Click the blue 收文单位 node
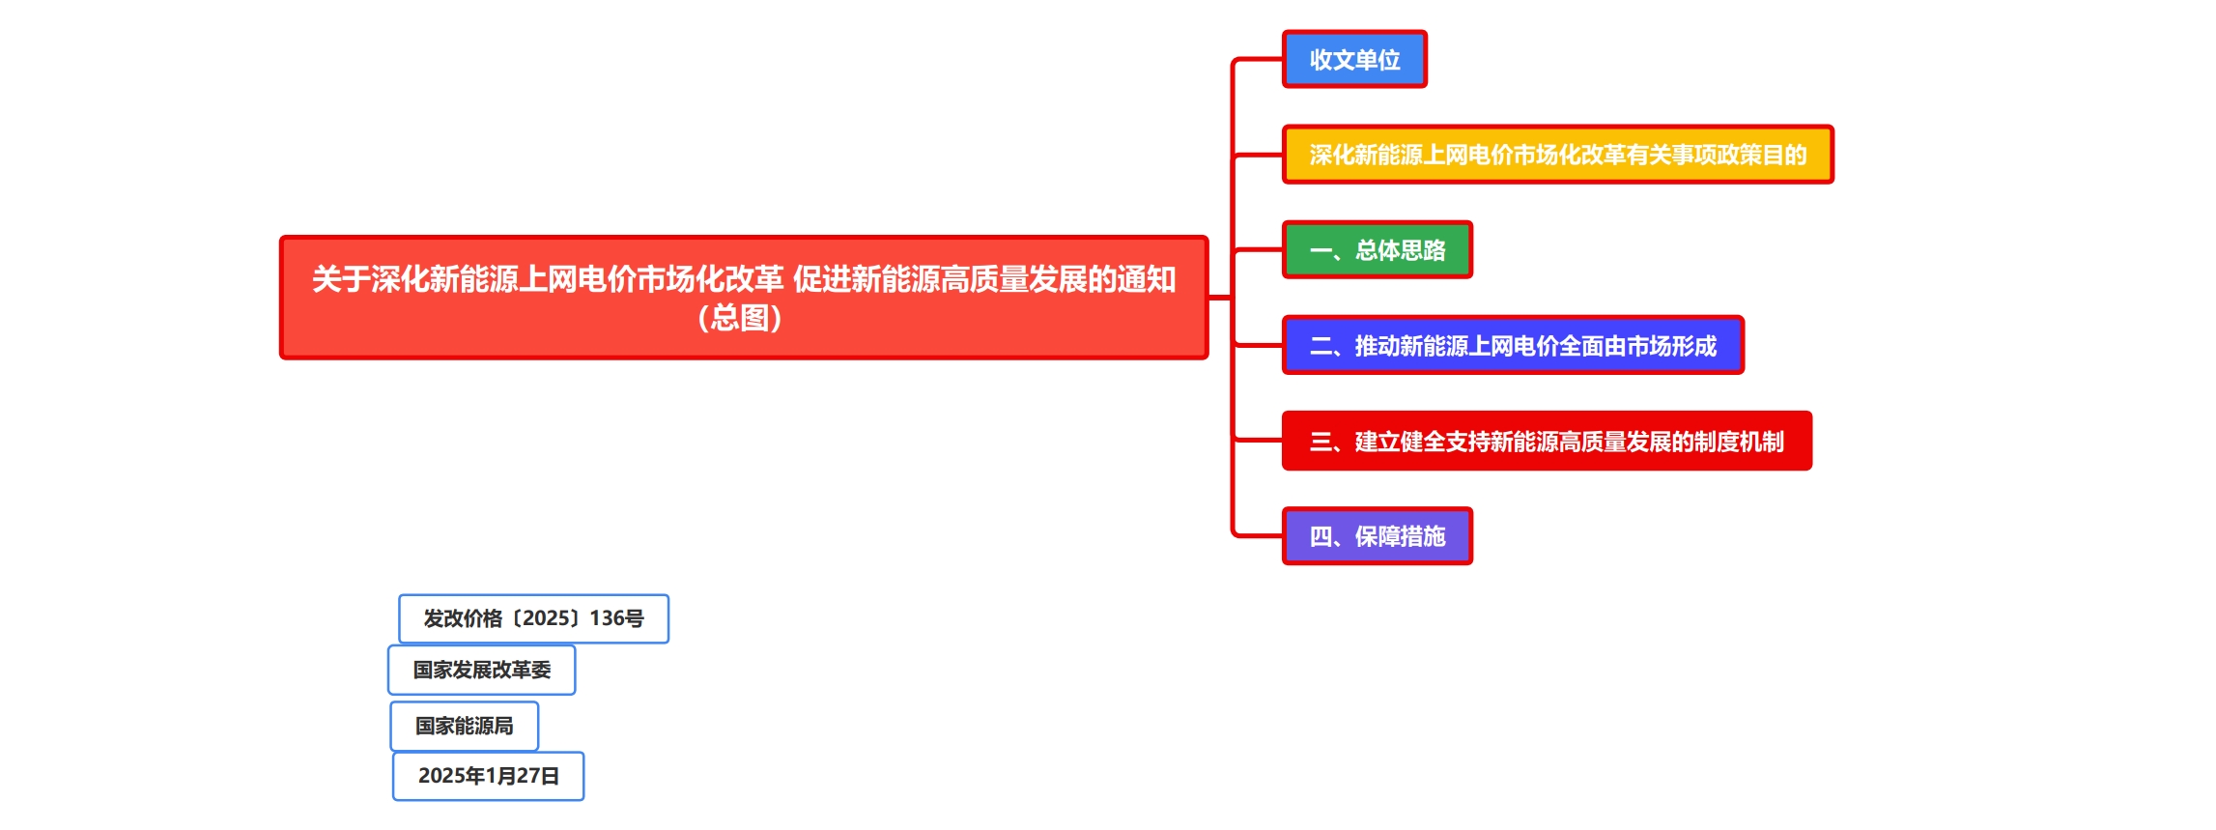pos(1354,60)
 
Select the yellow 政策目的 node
pos(1557,155)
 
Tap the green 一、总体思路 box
pos(1377,250)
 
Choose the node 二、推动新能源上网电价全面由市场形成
pos(1512,346)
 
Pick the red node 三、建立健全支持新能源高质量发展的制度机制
pos(1546,442)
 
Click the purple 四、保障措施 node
pos(1377,536)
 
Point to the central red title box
pos(744,298)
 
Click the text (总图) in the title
pos(740,318)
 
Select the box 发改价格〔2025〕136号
pos(533,618)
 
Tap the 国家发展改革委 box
pos(481,670)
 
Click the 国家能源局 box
pos(464,726)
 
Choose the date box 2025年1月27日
pos(488,776)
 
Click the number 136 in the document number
pos(608,618)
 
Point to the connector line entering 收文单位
pos(1259,60)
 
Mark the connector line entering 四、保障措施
pos(1259,534)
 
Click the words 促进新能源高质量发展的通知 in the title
pos(983,279)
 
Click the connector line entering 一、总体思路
pos(1259,250)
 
